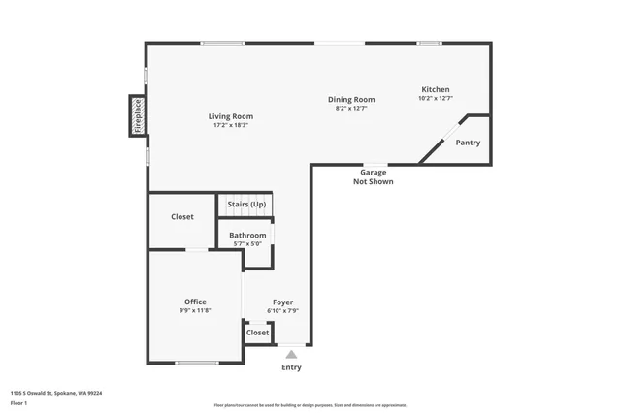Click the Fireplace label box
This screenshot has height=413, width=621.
coord(138,115)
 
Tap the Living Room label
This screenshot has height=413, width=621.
coord(230,116)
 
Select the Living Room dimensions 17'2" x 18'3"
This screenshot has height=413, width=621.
coord(230,125)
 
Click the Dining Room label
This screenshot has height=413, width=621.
coord(351,99)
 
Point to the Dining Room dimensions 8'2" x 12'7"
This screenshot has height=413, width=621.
coord(351,108)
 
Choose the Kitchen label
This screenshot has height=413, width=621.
coord(434,89)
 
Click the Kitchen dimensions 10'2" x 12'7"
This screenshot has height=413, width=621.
coord(434,98)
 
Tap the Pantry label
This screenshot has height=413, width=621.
coord(468,143)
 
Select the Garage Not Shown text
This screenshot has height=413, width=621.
coord(373,176)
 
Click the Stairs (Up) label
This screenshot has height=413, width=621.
coord(245,205)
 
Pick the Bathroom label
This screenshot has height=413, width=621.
coord(247,236)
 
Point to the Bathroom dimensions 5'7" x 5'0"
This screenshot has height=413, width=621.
coord(247,244)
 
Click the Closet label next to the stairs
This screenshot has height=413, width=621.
coord(182,217)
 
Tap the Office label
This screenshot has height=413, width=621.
coord(195,302)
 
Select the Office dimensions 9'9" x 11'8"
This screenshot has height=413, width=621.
coord(195,310)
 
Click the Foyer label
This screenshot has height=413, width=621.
coord(282,302)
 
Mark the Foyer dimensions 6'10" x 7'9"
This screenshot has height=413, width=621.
coord(282,310)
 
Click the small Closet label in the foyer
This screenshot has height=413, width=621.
coord(257,333)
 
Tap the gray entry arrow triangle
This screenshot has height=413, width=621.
coord(291,354)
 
